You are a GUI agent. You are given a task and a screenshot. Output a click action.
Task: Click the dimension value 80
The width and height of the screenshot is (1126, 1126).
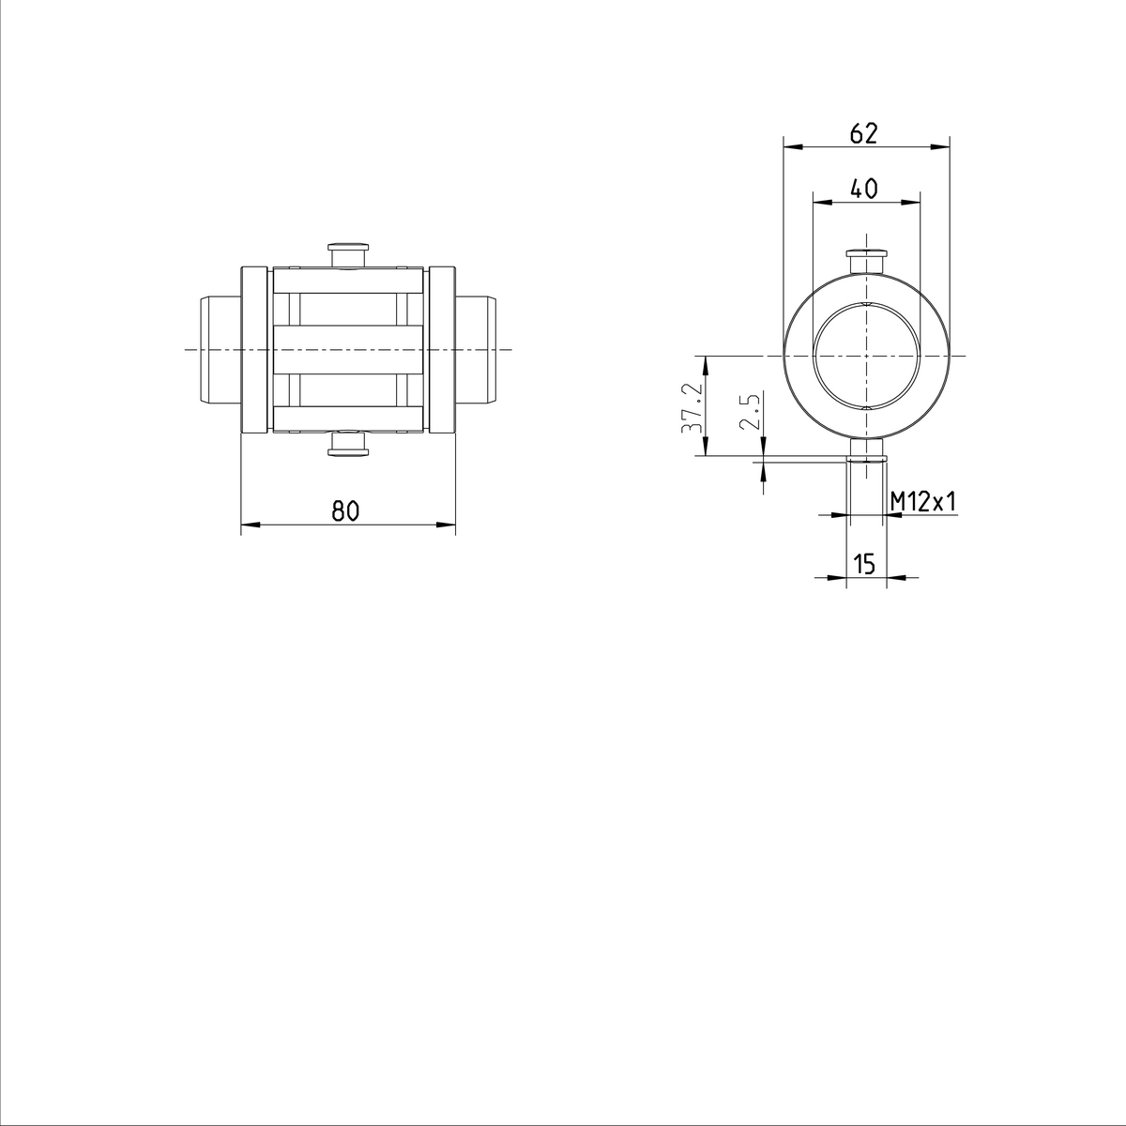point(345,511)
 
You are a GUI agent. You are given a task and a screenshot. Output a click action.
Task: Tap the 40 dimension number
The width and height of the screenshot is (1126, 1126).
point(863,189)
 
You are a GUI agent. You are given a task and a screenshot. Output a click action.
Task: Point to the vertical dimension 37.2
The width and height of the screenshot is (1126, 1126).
point(691,406)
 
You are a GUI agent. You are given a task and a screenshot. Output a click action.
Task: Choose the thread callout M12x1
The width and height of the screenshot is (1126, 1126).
point(923,502)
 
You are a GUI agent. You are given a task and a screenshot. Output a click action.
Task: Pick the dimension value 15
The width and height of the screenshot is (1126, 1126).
point(864,564)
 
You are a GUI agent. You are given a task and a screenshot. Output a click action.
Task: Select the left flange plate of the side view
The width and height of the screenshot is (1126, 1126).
point(253,350)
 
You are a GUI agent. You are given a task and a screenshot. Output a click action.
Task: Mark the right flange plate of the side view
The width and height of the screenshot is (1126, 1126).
point(443,350)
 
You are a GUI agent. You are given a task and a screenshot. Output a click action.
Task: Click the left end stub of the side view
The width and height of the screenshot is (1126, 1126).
point(220,350)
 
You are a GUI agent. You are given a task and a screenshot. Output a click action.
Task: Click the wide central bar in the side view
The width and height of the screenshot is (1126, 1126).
point(348,350)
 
